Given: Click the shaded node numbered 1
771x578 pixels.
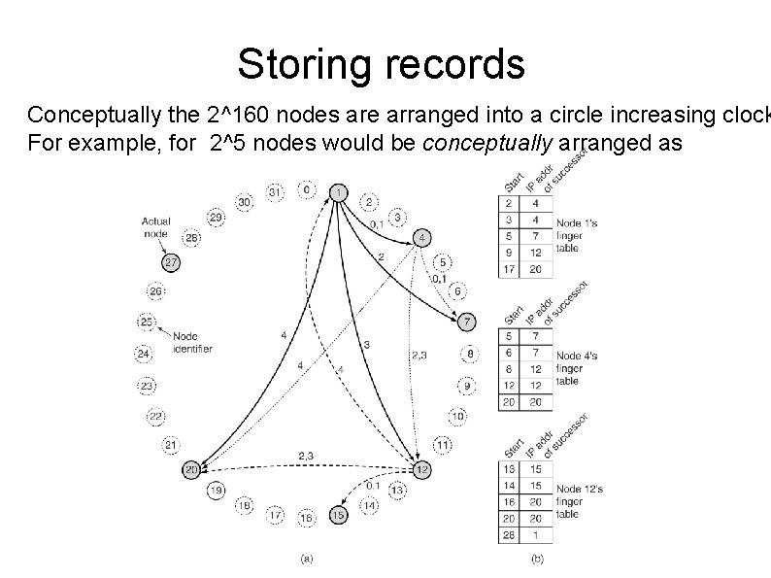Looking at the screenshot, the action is click(338, 192).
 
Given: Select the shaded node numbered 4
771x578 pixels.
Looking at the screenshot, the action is click(422, 238).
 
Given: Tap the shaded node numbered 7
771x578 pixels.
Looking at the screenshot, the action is click(468, 322).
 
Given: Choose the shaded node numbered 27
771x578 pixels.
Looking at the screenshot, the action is click(171, 261).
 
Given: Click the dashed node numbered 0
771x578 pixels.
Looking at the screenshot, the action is click(307, 190).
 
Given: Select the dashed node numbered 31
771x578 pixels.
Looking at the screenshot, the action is click(275, 192).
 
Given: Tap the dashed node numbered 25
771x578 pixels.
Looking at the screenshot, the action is click(148, 322).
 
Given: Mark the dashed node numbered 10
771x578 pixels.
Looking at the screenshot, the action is click(456, 416).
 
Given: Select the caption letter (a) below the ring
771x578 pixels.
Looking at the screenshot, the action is click(307, 559).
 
